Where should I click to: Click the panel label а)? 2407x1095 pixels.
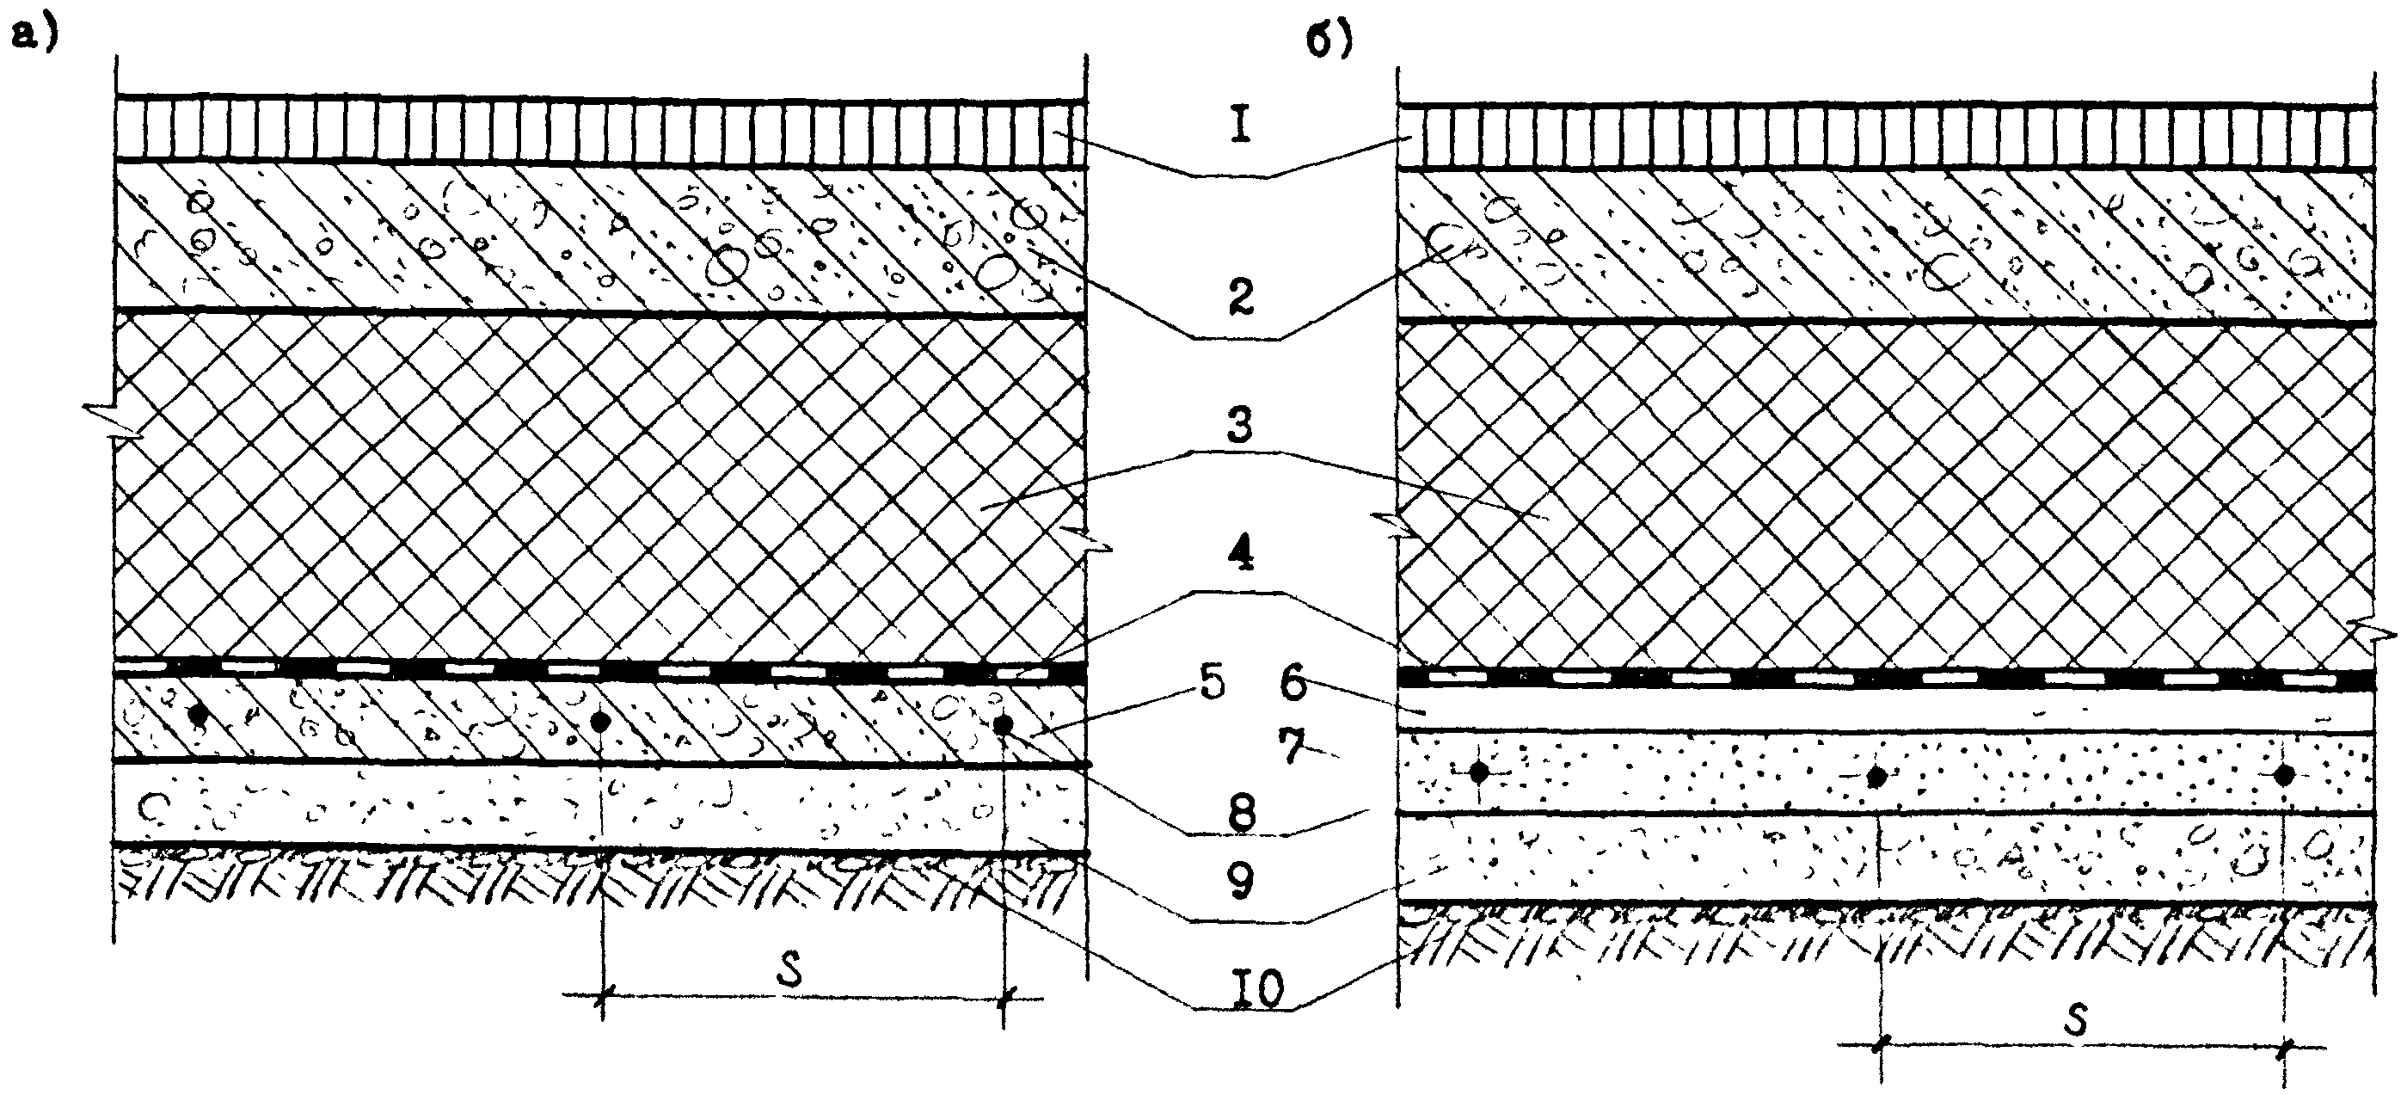click(34, 36)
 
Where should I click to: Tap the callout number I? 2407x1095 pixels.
click(1240, 126)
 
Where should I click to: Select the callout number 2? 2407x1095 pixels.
click(1240, 296)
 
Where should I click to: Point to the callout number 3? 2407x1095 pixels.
click(1239, 425)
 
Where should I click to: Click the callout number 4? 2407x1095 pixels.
click(1239, 553)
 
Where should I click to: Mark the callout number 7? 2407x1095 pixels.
click(1293, 747)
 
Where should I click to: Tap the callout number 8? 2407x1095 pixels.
click(1241, 813)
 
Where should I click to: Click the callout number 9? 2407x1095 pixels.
click(1240, 881)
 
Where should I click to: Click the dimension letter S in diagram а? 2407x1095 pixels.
click(790, 973)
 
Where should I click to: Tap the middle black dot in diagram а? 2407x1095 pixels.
click(602, 722)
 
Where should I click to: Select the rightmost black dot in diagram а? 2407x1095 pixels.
click(1004, 725)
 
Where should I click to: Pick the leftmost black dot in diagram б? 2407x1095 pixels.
click(1478, 772)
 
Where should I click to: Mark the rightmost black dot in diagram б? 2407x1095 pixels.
click(2284, 774)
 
